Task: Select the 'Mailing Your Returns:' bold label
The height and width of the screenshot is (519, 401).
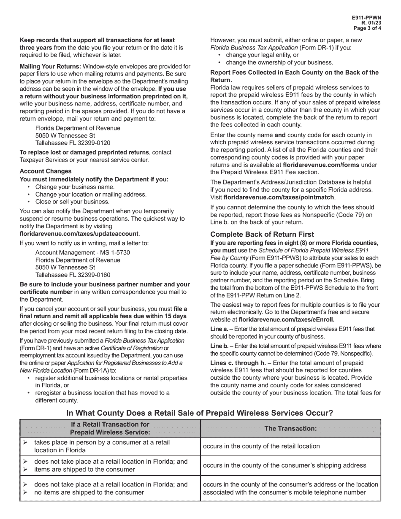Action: click(50, 66)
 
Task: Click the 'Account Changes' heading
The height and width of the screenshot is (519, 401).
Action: click(46, 171)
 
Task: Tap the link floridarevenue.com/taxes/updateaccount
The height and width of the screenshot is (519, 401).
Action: click(79, 233)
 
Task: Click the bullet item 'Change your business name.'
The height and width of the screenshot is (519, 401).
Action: click(75, 187)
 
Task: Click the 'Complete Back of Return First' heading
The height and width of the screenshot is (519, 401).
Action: click(262, 234)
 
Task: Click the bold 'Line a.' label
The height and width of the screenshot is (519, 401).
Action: click(219, 329)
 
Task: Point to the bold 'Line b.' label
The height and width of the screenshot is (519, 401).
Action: click(219, 346)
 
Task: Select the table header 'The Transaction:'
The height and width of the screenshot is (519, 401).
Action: click(290, 428)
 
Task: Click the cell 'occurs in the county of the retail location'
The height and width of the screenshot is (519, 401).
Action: click(261, 446)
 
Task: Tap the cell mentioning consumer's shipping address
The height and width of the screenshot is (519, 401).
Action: click(284, 465)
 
